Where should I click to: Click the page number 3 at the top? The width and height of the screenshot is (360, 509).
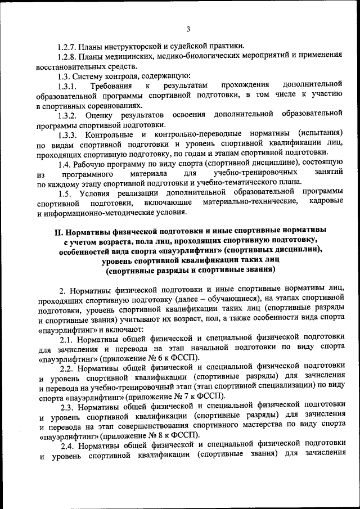pos(188,30)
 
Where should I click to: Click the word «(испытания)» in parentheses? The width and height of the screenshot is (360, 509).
pos(320,135)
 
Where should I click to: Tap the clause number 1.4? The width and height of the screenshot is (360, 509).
pos(64,165)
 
